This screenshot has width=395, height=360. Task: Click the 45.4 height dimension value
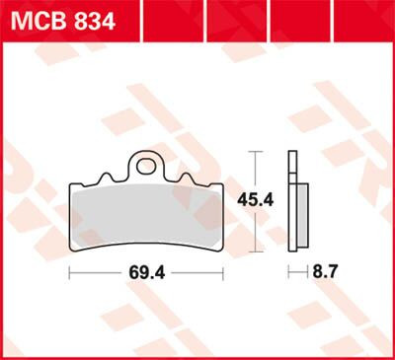[x=256, y=199]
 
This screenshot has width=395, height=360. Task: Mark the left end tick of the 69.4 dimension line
[x=69, y=270]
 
